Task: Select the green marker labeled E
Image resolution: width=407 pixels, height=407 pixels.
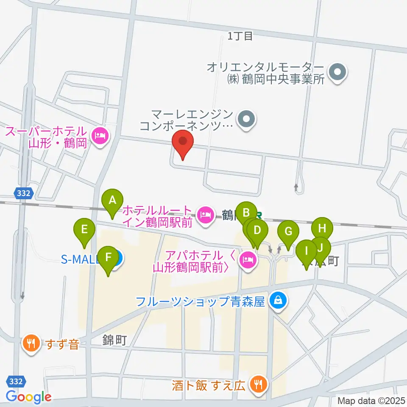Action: [x=84, y=231]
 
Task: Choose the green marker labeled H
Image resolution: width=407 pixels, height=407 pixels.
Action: [x=322, y=229]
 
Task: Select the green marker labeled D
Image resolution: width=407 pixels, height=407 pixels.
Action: [x=257, y=231]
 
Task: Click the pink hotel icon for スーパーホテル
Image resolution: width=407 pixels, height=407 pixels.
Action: [x=100, y=137]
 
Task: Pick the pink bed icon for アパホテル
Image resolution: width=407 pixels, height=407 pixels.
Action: [x=247, y=259]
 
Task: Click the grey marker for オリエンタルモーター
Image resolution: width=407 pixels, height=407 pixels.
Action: [x=338, y=72]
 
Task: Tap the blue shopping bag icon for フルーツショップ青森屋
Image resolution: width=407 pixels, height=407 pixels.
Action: [x=278, y=302]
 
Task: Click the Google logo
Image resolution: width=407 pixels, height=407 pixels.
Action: [x=28, y=397]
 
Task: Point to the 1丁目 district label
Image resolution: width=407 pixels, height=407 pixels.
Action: [x=240, y=36]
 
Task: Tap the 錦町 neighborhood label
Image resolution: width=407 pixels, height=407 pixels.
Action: [x=114, y=340]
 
